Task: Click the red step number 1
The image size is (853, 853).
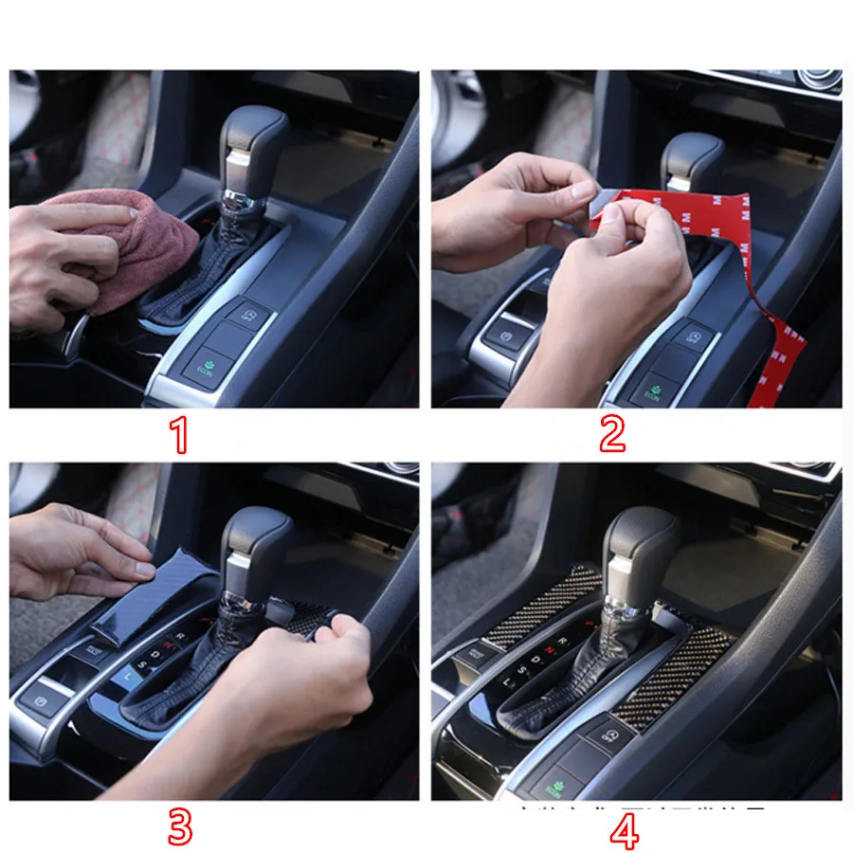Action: click(179, 435)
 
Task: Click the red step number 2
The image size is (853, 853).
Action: click(612, 435)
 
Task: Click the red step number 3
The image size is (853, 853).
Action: click(179, 827)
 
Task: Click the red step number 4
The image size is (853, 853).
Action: click(624, 832)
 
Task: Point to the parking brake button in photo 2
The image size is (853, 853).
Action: click(500, 335)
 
